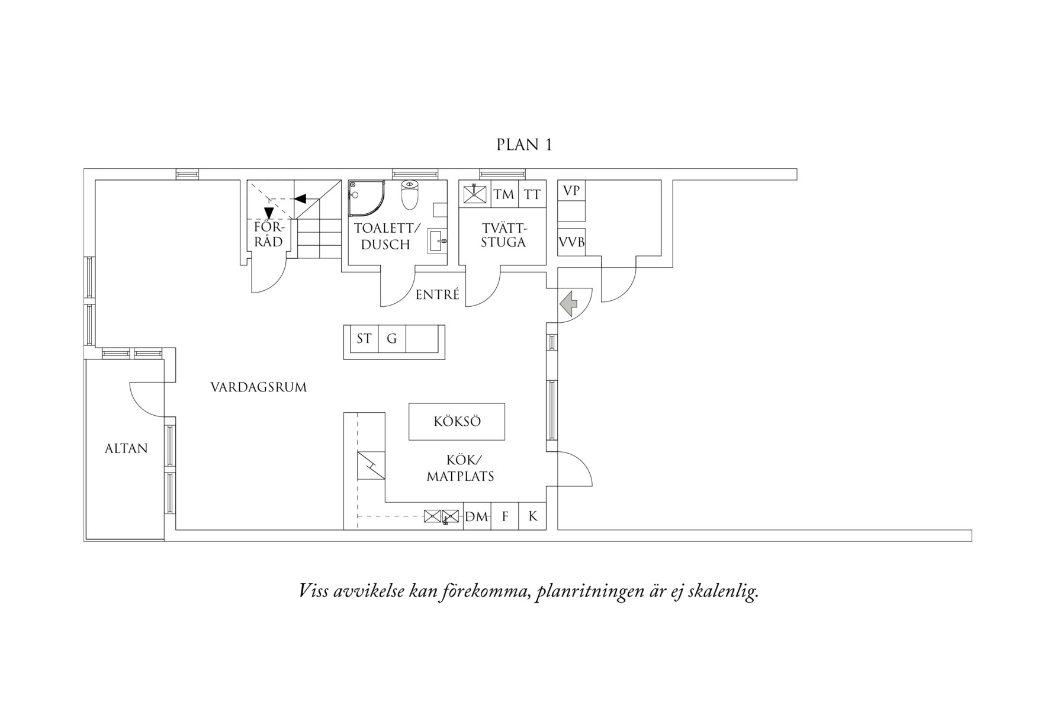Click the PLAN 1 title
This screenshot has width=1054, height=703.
click(524, 145)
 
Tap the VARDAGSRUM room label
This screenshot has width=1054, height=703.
click(259, 387)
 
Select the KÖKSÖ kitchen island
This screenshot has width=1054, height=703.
click(457, 422)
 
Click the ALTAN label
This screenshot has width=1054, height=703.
click(126, 448)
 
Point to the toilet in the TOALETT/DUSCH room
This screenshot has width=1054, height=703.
click(410, 195)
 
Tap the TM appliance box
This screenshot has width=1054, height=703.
click(504, 194)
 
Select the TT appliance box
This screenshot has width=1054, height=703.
click(532, 194)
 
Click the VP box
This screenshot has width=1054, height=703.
click(571, 191)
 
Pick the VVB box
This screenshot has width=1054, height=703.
click(571, 242)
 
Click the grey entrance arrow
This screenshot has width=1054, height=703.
click(569, 304)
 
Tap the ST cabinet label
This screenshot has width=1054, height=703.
click(364, 339)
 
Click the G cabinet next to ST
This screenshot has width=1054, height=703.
click(391, 339)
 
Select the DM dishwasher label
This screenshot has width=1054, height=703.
click(477, 516)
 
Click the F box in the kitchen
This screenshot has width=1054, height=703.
click(505, 516)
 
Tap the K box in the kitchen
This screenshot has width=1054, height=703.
click(532, 516)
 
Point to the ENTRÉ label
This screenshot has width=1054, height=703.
click(437, 295)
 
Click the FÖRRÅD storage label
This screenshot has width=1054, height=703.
click(269, 235)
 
